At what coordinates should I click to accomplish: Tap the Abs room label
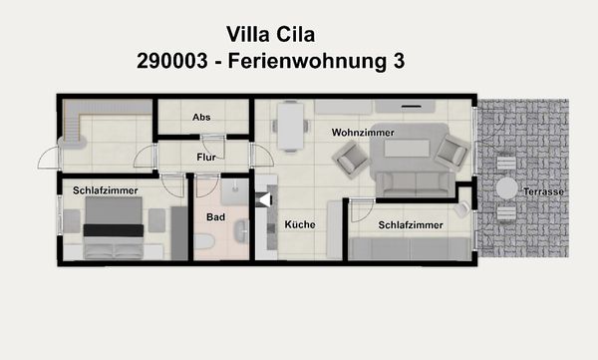201,118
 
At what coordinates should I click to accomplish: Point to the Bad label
215,216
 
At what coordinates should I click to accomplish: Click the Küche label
299,224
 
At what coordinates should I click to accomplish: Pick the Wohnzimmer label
363,132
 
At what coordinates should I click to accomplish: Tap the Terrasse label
543,191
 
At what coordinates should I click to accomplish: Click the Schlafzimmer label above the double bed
105,189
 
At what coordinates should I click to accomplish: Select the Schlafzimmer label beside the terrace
411,225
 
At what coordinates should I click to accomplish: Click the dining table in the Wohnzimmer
291,127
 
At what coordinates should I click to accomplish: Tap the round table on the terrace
507,187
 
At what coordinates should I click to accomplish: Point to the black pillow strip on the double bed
112,229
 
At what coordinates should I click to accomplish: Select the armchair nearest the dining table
351,158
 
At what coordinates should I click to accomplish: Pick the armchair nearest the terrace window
450,152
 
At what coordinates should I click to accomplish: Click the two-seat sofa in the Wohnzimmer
412,182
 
